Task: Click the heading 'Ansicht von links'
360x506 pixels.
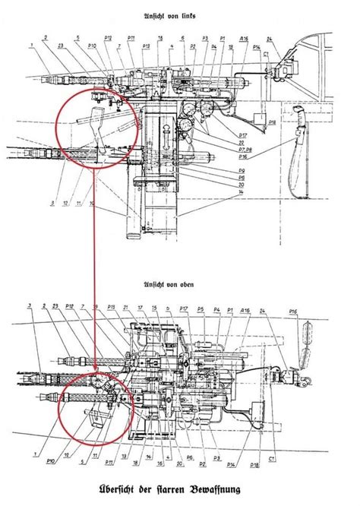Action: pos(180,16)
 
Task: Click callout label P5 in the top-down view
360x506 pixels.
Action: pos(202,309)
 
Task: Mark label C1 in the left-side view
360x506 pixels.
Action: pos(267,55)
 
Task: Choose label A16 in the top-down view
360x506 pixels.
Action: pos(247,310)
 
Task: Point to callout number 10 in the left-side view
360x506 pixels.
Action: pos(90,204)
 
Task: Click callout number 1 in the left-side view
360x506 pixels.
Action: pos(31,45)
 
